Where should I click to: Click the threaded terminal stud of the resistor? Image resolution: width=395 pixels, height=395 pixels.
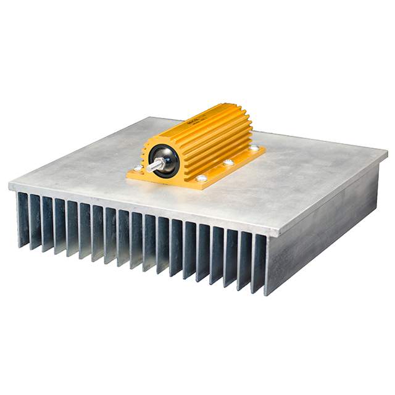[156, 164]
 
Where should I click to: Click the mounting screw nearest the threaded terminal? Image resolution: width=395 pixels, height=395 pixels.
[138, 167]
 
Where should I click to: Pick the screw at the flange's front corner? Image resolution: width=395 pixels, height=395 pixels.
[202, 178]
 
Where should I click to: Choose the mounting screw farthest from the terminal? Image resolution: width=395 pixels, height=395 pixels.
[254, 148]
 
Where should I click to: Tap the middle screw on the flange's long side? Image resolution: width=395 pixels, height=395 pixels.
[229, 162]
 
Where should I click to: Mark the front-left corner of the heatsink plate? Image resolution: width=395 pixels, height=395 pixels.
[10, 185]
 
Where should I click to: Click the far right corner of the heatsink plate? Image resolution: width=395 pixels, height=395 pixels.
[386, 151]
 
